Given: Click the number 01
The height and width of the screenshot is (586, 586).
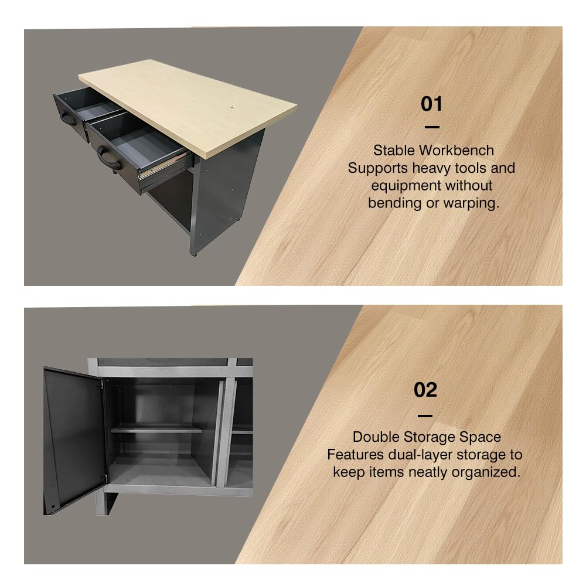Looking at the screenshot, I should coord(431,104).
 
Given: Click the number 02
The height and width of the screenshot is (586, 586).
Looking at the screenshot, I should coord(425,390).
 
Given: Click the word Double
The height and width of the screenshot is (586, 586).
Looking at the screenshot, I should coord(375,437).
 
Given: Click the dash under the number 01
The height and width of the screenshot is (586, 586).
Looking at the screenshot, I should coord(431,127).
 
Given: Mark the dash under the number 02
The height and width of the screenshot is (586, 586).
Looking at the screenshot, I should coord(425,415).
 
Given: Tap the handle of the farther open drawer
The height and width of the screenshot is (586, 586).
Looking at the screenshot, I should coord(68,119).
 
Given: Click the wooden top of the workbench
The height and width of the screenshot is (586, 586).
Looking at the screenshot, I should coord(188,105).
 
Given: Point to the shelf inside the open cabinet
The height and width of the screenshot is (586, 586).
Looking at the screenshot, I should coord(156,430).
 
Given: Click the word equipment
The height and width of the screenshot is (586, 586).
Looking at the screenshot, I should coord(432,185).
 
